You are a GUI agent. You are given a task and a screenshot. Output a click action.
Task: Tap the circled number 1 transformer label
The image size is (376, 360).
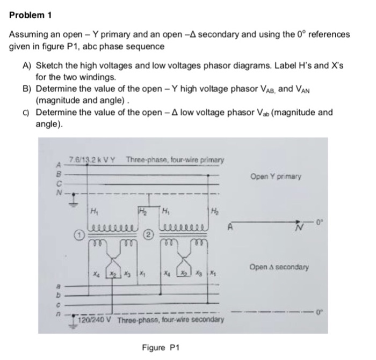[x=78, y=234]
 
